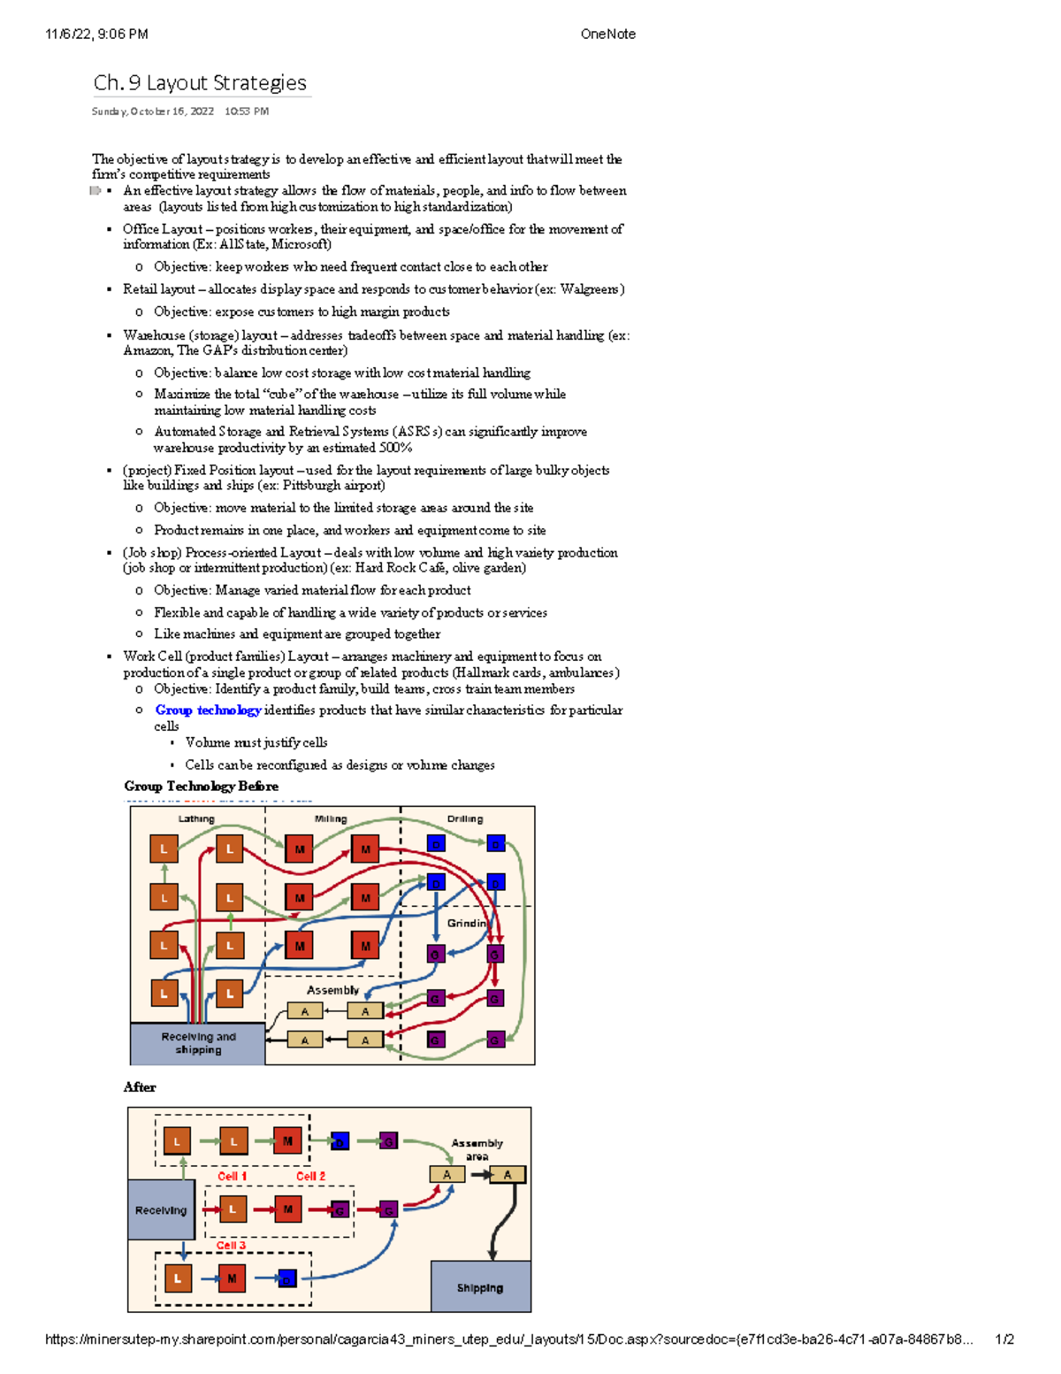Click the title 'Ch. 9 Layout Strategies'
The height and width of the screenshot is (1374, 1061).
(200, 83)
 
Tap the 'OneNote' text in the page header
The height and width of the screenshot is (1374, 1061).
(607, 35)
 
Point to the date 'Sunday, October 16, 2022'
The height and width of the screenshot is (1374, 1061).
(153, 111)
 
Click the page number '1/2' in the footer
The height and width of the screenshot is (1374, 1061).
(1004, 1339)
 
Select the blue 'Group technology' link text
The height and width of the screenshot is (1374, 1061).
(208, 710)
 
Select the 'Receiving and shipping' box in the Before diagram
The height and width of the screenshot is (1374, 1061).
(198, 1043)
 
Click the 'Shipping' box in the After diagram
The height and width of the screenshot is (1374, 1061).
(480, 1287)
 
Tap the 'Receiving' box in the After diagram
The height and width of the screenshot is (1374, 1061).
(161, 1209)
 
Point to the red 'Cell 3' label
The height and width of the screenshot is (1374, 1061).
(232, 1245)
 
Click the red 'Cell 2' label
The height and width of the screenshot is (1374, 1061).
(310, 1176)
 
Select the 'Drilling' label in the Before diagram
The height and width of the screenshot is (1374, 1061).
(465, 819)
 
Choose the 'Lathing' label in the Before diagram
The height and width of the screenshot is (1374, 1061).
(196, 819)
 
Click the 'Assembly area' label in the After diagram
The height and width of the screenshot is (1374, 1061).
(477, 1149)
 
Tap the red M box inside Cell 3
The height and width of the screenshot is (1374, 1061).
(232, 1278)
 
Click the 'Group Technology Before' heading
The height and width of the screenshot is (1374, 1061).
(201, 787)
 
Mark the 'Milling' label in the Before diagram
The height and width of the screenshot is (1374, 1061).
(331, 819)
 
